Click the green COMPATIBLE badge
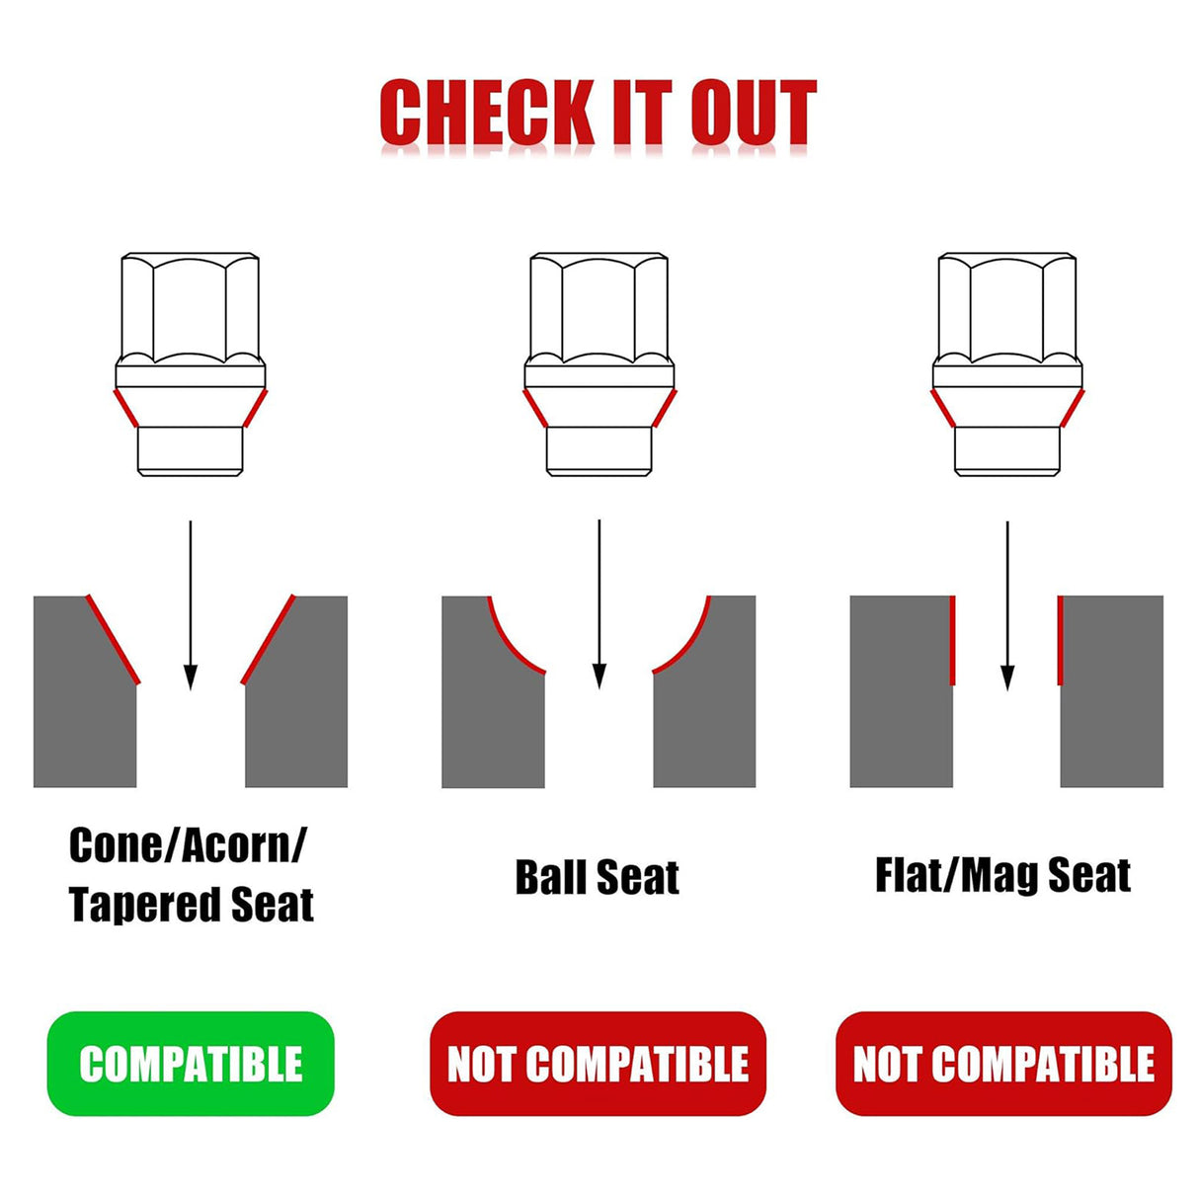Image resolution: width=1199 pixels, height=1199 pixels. tap(191, 1064)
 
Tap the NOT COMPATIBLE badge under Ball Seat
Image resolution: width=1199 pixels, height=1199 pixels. tap(598, 1064)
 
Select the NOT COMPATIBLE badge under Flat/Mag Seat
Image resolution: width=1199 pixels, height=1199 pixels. tap(1003, 1064)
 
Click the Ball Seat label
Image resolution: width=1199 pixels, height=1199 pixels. tap(598, 877)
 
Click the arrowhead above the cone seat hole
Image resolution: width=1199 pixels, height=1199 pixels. tap(191, 678)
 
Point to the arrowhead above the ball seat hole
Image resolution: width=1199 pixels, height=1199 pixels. tap(599, 677)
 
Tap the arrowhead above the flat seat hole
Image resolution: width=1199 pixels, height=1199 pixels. tap(1007, 678)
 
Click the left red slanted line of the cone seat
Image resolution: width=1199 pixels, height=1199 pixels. tap(114, 639)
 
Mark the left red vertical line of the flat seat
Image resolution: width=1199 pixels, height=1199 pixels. tap(953, 640)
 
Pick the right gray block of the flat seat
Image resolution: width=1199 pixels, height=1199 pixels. tap(1111, 690)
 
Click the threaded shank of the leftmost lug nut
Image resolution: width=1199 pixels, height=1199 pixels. tap(190, 451)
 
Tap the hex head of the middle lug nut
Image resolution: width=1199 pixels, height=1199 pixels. tap(599, 308)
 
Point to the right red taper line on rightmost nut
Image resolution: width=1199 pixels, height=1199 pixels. tap(1073, 409)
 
